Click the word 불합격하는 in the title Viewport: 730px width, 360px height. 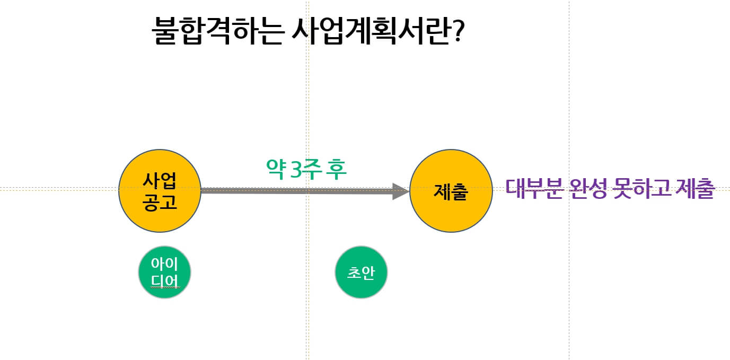tap(218, 32)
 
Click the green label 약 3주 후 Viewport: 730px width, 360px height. tap(306, 169)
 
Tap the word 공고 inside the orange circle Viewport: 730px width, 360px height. tap(160, 202)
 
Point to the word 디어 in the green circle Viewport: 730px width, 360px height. tap(164, 279)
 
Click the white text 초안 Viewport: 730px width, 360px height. tap(361, 273)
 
